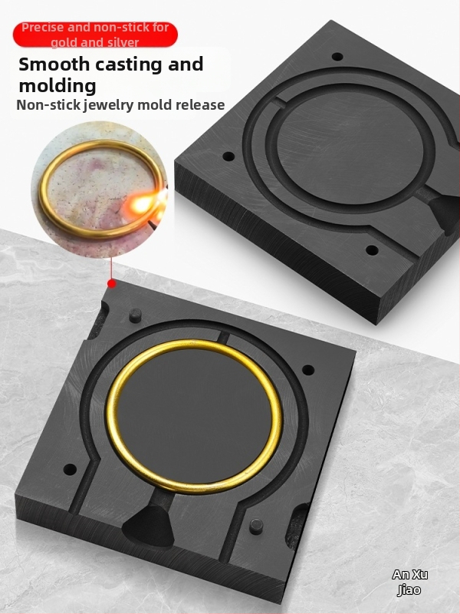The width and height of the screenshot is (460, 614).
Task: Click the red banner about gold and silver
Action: click(x=95, y=35)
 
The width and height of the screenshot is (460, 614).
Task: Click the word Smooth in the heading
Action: click(x=54, y=64)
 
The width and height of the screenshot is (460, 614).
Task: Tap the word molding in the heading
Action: click(x=58, y=86)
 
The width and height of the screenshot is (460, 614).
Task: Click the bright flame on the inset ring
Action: click(x=143, y=203)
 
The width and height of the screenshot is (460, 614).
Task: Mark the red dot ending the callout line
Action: click(x=112, y=283)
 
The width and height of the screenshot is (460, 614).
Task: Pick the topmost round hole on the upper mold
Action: click(x=337, y=56)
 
